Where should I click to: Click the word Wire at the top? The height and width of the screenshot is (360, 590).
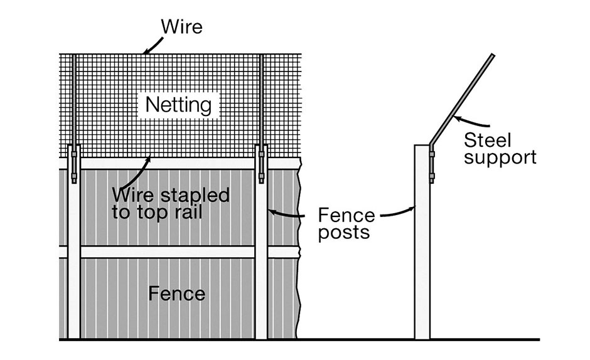[x=181, y=27]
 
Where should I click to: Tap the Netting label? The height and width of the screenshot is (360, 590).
[x=178, y=105]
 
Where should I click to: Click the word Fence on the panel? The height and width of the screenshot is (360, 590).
[x=176, y=293]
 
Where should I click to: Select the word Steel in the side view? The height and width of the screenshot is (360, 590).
[x=488, y=139]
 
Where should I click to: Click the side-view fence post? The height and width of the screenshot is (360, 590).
[x=422, y=251]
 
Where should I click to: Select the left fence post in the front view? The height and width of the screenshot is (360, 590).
[x=74, y=263]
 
